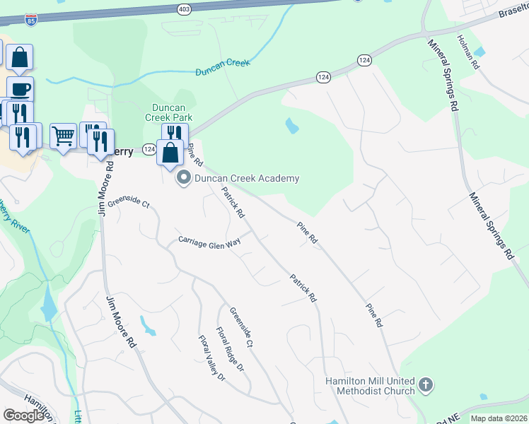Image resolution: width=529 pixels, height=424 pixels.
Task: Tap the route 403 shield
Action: pos(184,8)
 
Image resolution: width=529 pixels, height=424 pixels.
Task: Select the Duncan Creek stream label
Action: pos(223,68)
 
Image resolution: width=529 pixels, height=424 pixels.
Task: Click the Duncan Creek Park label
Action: pos(170,112)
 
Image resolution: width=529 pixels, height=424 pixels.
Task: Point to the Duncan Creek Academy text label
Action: pos(247,179)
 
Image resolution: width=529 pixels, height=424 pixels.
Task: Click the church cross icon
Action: pos(425,386)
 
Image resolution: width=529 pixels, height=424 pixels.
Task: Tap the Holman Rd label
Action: pos(468,52)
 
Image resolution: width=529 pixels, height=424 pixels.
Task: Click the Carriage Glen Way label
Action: pos(209,242)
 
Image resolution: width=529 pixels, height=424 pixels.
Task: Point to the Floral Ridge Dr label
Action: pos(230,349)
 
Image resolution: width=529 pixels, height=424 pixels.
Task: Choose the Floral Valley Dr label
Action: pos(211,358)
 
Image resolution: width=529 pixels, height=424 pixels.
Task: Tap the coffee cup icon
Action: pos(20,89)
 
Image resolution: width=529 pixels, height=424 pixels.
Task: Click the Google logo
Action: pos(23,416)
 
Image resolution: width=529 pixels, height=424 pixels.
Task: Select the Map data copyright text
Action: pos(499,418)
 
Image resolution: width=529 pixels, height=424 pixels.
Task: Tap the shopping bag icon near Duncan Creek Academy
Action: pos(170,153)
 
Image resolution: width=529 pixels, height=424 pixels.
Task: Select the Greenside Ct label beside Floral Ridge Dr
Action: pos(240,327)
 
